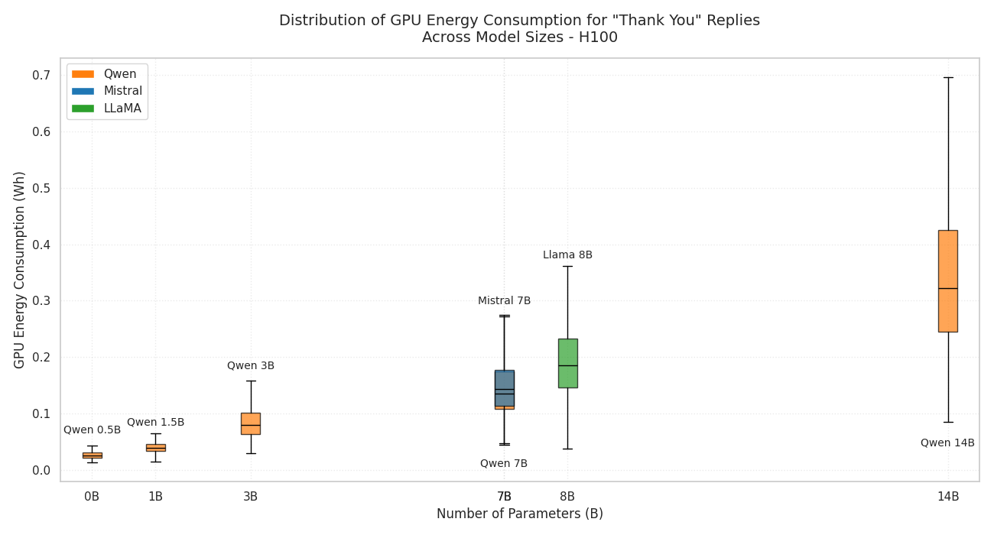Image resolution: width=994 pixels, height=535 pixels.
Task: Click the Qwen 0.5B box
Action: (92, 455)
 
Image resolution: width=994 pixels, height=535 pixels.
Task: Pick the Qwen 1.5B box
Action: (155, 447)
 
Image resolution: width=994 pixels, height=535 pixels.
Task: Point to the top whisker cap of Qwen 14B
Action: (947, 77)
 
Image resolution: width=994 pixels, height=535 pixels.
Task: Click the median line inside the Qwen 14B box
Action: (947, 288)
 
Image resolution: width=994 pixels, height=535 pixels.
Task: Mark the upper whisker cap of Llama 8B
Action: (567, 266)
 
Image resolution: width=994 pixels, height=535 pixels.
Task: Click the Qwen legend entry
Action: (119, 74)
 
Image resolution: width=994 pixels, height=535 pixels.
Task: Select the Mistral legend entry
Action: (122, 91)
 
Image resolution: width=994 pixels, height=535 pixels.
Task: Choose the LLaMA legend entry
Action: (122, 109)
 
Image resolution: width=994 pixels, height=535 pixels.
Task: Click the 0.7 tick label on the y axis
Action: (41, 75)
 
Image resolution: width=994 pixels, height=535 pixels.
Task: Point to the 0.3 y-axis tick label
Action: (41, 301)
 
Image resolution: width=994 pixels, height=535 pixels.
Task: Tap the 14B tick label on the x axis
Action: (947, 497)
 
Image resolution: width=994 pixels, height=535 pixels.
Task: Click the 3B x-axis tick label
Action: (250, 497)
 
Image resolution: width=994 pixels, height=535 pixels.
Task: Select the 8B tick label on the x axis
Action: (567, 497)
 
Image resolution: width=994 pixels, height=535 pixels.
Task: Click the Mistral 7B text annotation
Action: (504, 301)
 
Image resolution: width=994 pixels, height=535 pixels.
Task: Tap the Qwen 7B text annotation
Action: (504, 464)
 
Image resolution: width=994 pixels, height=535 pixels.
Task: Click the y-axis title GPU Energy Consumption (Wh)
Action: (20, 270)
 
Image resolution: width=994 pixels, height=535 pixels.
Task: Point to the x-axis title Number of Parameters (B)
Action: (520, 514)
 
